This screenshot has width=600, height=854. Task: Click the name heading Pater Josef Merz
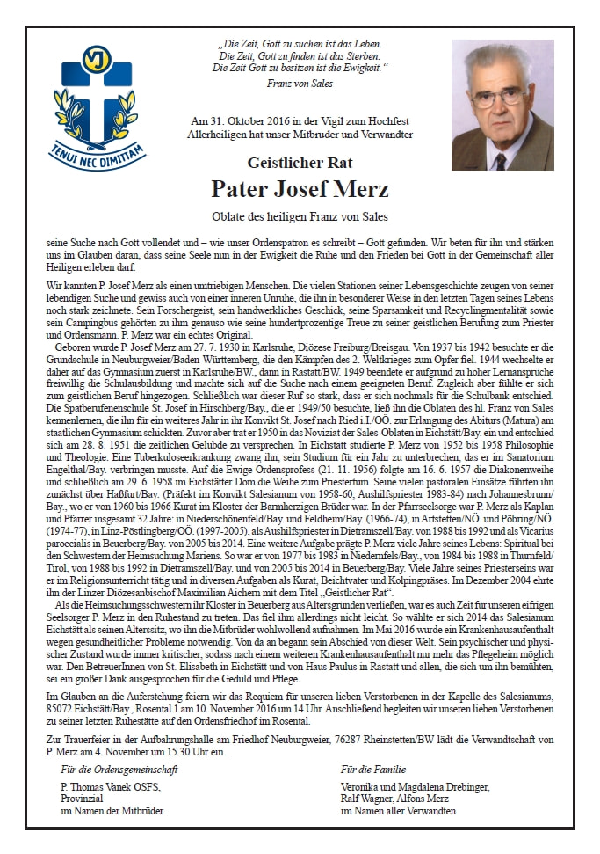(300, 188)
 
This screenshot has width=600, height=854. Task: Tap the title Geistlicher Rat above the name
(300, 161)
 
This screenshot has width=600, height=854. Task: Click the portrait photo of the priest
(502, 106)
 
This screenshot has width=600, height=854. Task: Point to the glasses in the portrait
(497, 93)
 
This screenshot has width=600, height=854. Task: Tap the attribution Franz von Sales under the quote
(299, 84)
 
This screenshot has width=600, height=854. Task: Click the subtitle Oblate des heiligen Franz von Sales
(300, 216)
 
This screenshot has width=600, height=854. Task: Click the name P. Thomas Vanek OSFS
(110, 788)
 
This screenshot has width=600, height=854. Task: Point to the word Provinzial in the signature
(83, 799)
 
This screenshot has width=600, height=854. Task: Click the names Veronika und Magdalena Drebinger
(416, 788)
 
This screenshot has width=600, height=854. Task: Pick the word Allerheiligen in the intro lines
(216, 134)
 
